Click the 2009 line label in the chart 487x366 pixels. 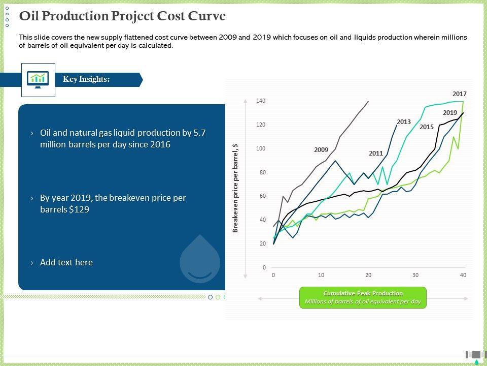[x=321, y=149]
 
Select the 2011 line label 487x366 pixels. [x=376, y=153]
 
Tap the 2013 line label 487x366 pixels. [x=404, y=122]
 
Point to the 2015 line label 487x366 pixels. [x=427, y=127]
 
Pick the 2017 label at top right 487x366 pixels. [x=460, y=94]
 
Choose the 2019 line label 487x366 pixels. [x=450, y=113]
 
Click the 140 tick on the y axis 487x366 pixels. [x=261, y=101]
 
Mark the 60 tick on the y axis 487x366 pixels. [x=262, y=196]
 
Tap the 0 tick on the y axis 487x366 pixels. [x=264, y=267]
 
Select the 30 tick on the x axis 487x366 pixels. [x=415, y=275]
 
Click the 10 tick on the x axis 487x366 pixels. [x=321, y=275]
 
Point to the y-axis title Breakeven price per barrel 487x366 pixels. [x=235, y=188]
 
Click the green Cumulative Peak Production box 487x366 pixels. [x=363, y=297]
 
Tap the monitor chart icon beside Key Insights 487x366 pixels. [x=38, y=80]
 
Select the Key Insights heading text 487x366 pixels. [x=86, y=79]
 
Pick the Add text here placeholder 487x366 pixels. [x=66, y=262]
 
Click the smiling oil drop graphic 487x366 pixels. [x=200, y=259]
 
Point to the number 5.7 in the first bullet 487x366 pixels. [x=199, y=133]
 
